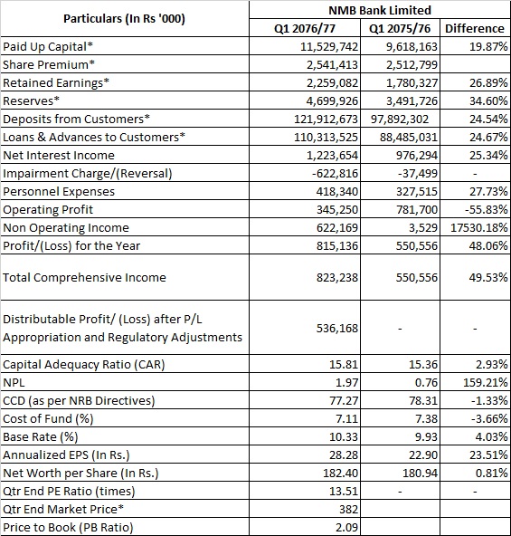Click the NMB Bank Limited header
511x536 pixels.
380,10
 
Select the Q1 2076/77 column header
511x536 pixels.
305,28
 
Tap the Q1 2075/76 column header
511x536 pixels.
400,28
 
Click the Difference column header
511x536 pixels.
475,28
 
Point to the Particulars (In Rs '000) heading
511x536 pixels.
124,19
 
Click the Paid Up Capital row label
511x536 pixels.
48,47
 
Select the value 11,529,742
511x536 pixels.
329,47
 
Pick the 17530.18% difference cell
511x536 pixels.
478,227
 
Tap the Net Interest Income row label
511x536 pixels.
59,155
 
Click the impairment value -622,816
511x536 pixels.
335,174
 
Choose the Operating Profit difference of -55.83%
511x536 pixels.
487,209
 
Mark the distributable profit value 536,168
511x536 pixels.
337,328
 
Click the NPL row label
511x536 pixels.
14,382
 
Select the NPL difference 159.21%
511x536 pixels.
486,382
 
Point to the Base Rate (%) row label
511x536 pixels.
41,437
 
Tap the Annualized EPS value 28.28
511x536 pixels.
344,455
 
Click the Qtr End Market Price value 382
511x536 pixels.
348,510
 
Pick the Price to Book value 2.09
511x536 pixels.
346,528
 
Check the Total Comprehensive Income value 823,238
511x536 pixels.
337,278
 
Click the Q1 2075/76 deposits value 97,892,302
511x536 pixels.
400,119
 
